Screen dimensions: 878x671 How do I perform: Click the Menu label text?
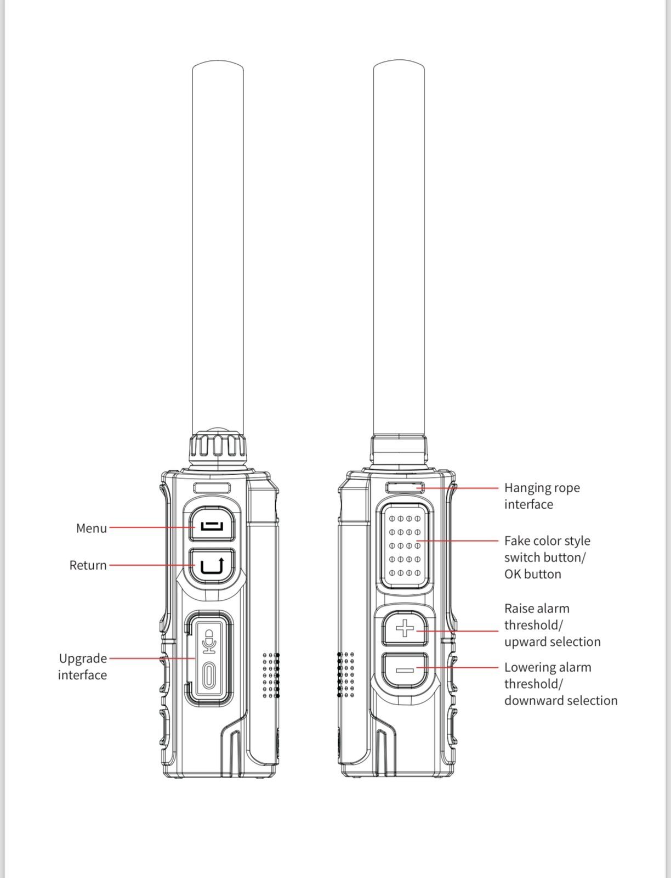91,528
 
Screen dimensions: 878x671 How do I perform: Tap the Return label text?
88,565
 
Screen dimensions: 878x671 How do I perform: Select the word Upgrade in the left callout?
83,658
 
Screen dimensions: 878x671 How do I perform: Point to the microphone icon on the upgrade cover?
208,641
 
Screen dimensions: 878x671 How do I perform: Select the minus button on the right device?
405,670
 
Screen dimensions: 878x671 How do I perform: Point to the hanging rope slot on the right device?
405,487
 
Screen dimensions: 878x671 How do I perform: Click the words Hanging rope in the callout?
542,488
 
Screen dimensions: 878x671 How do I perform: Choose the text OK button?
532,575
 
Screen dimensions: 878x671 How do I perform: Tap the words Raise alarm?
537,609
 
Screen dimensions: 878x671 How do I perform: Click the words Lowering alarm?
547,667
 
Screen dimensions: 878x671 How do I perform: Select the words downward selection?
560,701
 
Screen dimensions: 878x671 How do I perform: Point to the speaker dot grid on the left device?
271,675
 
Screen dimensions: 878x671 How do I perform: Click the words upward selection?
552,642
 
